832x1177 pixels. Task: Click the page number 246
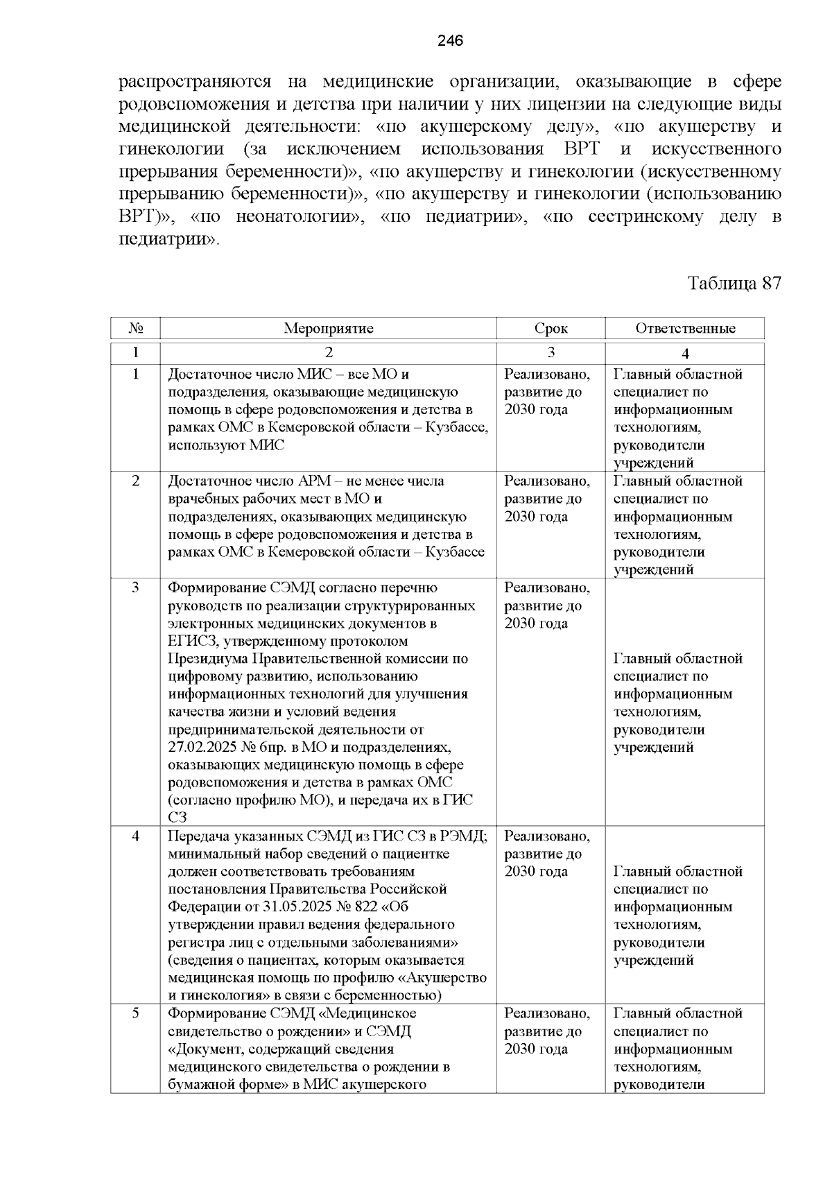pos(450,41)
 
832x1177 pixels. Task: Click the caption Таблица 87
pos(734,283)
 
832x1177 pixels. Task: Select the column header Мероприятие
pos(328,328)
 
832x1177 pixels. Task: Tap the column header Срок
pos(551,328)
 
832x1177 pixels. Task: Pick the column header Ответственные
pos(685,328)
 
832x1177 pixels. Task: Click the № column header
pos(136,328)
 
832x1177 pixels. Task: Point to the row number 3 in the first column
pos(136,587)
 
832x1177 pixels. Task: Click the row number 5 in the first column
pos(136,1013)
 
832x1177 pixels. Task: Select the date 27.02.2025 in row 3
pos(202,748)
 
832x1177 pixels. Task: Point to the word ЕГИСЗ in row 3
pos(190,641)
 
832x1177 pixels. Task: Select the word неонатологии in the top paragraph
pos(298,217)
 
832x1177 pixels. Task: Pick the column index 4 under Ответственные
pos(685,352)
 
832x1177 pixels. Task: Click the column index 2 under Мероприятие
pos(328,352)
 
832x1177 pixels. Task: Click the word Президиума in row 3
pos(206,658)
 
